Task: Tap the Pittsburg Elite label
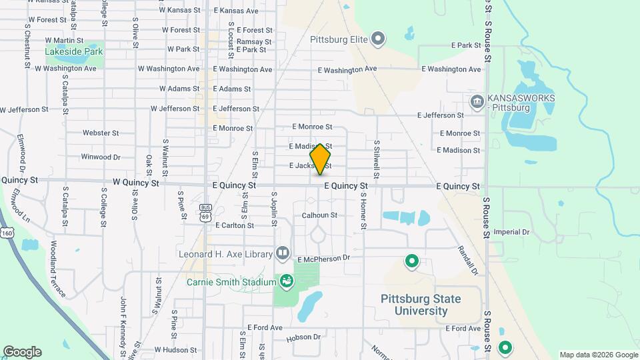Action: coord(339,39)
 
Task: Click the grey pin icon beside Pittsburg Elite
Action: coord(379,39)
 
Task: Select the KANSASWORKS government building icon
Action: coord(477,102)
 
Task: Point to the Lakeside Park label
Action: coord(73,51)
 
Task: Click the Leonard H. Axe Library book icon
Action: coord(283,253)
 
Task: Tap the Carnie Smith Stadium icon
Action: coord(287,282)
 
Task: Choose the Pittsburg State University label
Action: coord(421,305)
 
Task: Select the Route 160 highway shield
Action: coord(7,231)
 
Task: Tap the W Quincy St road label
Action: coord(136,182)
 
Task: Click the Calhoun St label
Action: coord(319,215)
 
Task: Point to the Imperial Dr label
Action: coord(511,233)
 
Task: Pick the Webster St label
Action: coord(101,133)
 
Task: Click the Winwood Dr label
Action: coord(101,157)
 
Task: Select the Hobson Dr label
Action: coord(303,337)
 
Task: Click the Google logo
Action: coord(22,352)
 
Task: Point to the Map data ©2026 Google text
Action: coord(598,355)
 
